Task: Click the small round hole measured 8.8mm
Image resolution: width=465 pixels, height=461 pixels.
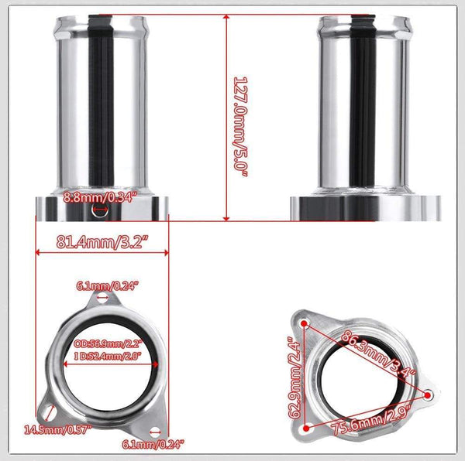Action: [x=96, y=210]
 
